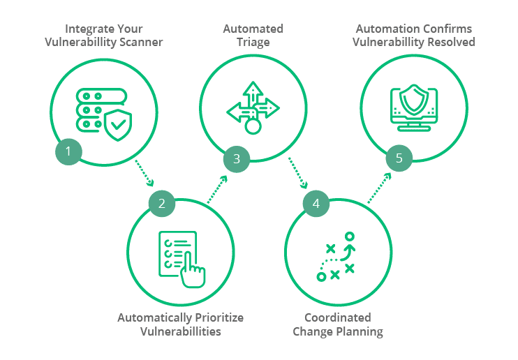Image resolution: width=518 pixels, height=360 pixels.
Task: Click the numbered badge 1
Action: click(x=68, y=151)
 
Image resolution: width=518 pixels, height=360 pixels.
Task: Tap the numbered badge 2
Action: click(x=162, y=204)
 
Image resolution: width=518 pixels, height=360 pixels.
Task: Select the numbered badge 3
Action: click(x=237, y=159)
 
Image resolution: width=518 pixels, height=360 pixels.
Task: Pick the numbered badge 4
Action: click(x=316, y=204)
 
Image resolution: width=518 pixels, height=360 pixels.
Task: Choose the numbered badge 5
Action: click(x=399, y=158)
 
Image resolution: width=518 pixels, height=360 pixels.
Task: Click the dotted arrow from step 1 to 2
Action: click(x=144, y=173)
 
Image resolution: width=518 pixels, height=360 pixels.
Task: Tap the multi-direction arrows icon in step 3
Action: click(x=253, y=107)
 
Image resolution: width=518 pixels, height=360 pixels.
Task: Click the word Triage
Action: click(x=253, y=42)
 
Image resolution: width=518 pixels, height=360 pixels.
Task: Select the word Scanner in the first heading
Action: click(x=142, y=42)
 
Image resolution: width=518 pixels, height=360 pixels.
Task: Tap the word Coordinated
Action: click(x=338, y=317)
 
